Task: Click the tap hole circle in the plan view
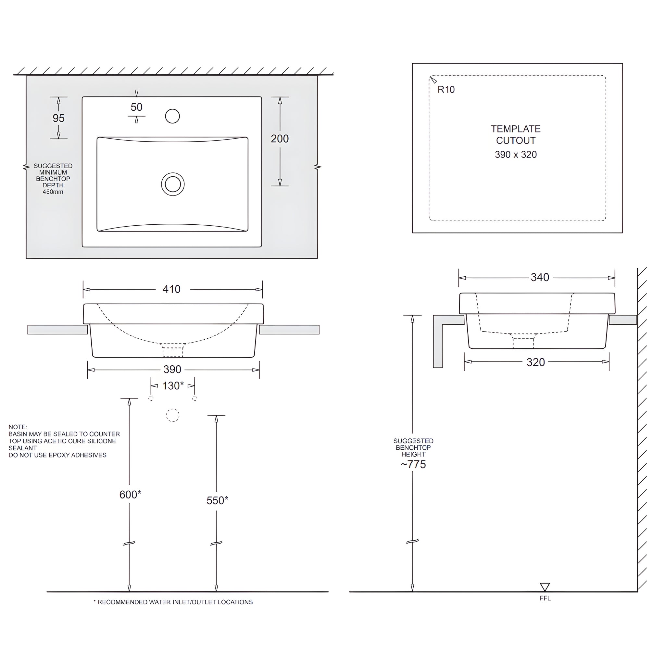(x=172, y=116)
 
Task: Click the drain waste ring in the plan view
(x=173, y=184)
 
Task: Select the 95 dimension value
(x=58, y=118)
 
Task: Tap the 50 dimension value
(x=136, y=107)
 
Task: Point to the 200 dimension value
(x=280, y=139)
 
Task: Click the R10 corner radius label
(x=446, y=90)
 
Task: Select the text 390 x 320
(x=516, y=155)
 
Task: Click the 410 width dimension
(x=171, y=289)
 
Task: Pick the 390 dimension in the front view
(x=172, y=369)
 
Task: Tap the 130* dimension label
(x=173, y=385)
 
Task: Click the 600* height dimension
(x=130, y=495)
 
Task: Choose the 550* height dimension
(x=217, y=500)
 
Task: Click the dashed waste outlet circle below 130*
(x=173, y=415)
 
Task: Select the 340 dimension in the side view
(x=540, y=277)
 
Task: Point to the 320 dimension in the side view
(x=535, y=362)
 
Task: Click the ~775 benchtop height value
(x=413, y=464)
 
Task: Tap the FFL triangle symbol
(x=545, y=586)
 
